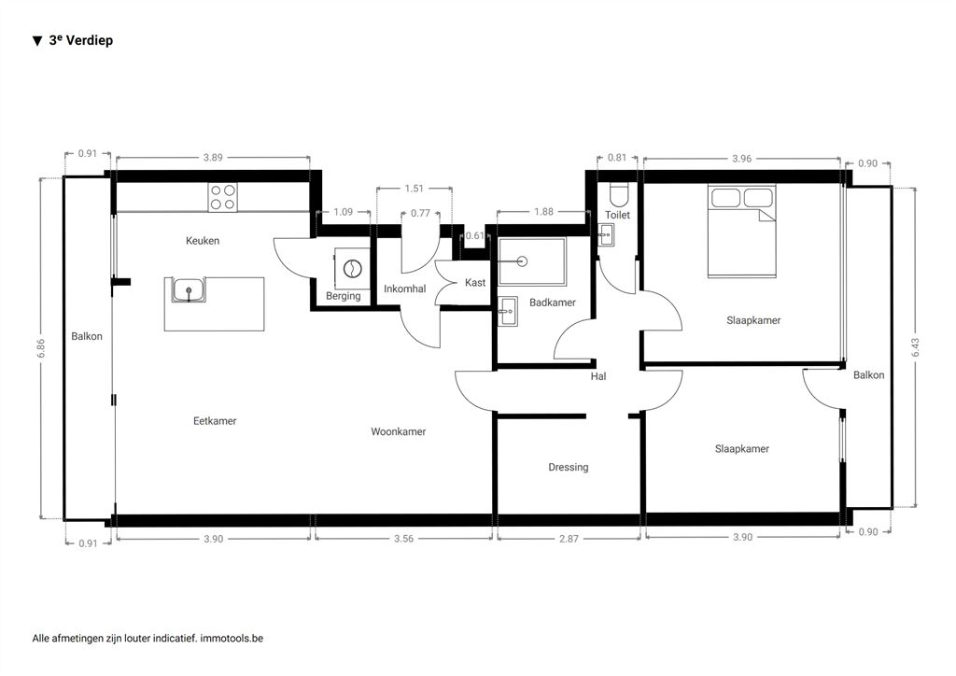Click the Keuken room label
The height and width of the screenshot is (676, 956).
203,241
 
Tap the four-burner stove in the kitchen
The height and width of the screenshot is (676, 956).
222,198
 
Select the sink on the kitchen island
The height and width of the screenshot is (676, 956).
189,290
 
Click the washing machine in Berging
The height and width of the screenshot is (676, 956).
352,268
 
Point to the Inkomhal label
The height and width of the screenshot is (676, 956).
405,289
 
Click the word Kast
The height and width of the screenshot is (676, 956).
475,282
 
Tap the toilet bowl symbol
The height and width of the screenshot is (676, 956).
618,194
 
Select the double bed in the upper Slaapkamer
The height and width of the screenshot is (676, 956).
742,232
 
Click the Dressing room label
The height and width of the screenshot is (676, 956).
569,468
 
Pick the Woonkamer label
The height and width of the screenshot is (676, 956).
398,431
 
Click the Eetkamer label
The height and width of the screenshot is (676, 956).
215,420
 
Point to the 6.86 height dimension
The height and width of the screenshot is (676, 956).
41,348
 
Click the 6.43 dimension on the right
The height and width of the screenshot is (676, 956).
915,347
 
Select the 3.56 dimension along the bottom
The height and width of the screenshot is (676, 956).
403,539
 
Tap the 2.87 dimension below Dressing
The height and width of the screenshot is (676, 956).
569,539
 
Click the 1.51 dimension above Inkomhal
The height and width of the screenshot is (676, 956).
414,189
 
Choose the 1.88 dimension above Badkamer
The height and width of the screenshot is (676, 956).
544,212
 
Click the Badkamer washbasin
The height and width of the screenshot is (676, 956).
507,312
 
